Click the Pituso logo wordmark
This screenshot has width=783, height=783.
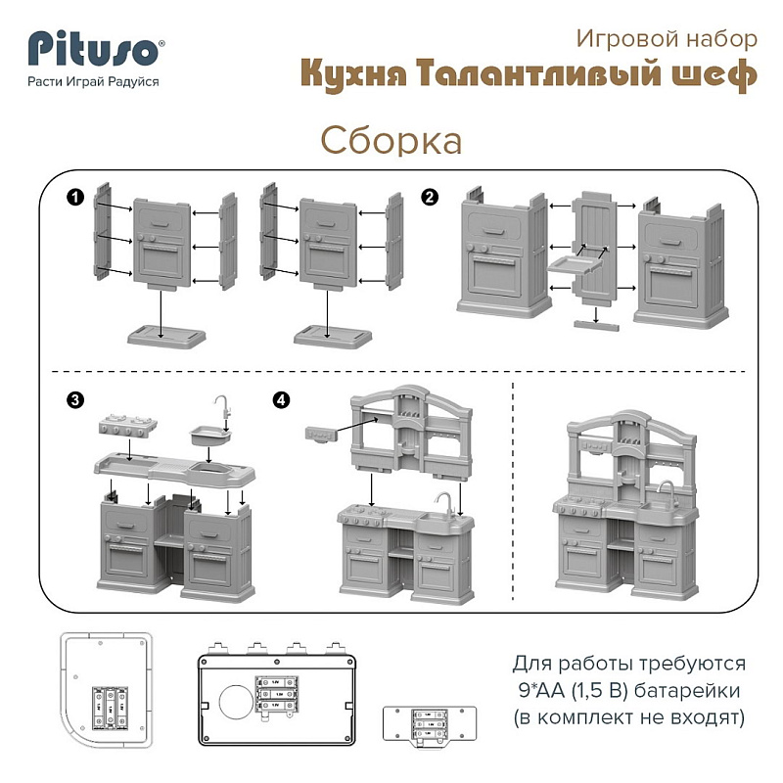[x=93, y=48]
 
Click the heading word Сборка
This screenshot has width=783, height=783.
[x=391, y=140]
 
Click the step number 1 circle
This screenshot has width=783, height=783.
[x=75, y=198]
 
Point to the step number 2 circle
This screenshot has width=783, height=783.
[x=430, y=198]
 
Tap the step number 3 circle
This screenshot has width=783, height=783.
[x=75, y=400]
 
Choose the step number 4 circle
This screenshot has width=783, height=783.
[x=281, y=400]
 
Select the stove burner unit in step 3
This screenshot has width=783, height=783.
[x=128, y=426]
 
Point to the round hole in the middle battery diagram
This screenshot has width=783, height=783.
[x=236, y=702]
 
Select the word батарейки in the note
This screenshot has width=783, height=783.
[x=687, y=691]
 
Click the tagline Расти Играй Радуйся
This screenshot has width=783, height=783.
[x=93, y=81]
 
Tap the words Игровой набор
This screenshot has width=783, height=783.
[x=667, y=39]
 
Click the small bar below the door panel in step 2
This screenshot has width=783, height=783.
[x=596, y=326]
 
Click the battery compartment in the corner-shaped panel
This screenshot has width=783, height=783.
[x=111, y=708]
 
